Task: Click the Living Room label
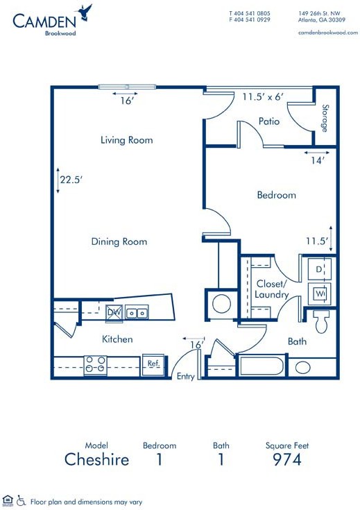[x=126, y=140]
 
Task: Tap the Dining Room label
[x=119, y=241]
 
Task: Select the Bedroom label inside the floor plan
[x=277, y=195]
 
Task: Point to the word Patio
[x=269, y=121]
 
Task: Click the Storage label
[x=325, y=118]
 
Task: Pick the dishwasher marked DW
[x=114, y=312]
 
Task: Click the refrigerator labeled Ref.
[x=153, y=364]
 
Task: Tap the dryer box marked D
[x=319, y=269]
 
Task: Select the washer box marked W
[x=319, y=294]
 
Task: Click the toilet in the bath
[x=321, y=321]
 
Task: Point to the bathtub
[x=262, y=366]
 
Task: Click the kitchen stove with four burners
[x=96, y=364]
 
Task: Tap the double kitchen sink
[x=137, y=312]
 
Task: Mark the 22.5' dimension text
[x=71, y=180]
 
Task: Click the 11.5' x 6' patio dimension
[x=263, y=96]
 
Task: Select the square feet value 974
[x=287, y=459]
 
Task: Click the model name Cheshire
[x=96, y=459]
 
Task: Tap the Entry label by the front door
[x=185, y=376]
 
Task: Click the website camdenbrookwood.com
[x=328, y=33]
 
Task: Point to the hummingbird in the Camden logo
[x=85, y=12]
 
